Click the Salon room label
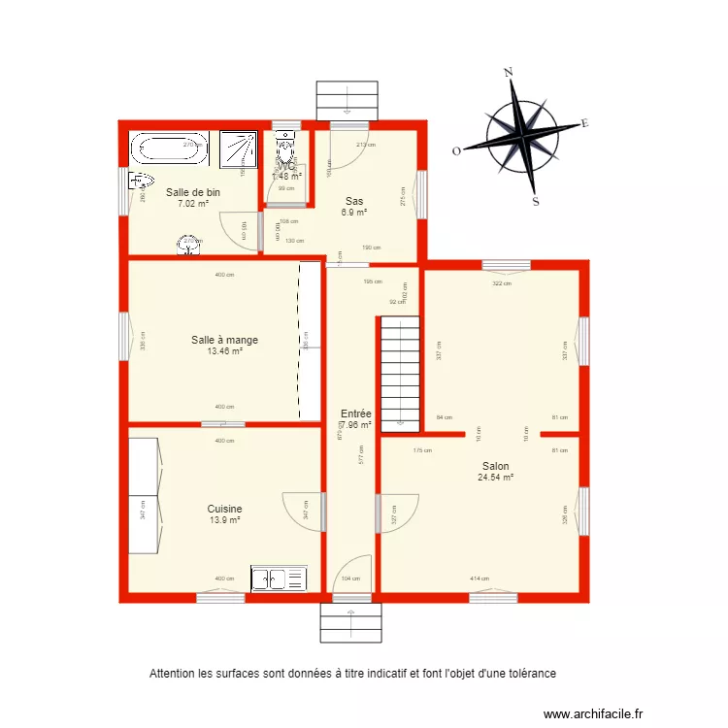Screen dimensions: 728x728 coord(495,466)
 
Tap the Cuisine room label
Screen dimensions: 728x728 coord(224,509)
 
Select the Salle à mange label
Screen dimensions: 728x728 coord(224,340)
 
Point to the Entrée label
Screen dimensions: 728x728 coord(355,414)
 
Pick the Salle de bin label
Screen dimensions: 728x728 coord(192,192)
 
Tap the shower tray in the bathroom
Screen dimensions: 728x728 coord(237,149)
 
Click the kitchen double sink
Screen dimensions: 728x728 coord(279,579)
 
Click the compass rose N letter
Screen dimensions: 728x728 coord(508,72)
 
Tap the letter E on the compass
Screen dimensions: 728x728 coord(584,123)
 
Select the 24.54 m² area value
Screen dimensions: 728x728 coord(495,478)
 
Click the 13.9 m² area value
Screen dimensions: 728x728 coord(224,520)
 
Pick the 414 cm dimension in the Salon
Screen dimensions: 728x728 coord(480,579)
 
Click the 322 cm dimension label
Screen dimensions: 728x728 coord(501,283)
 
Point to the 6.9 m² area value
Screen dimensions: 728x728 coord(353,213)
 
